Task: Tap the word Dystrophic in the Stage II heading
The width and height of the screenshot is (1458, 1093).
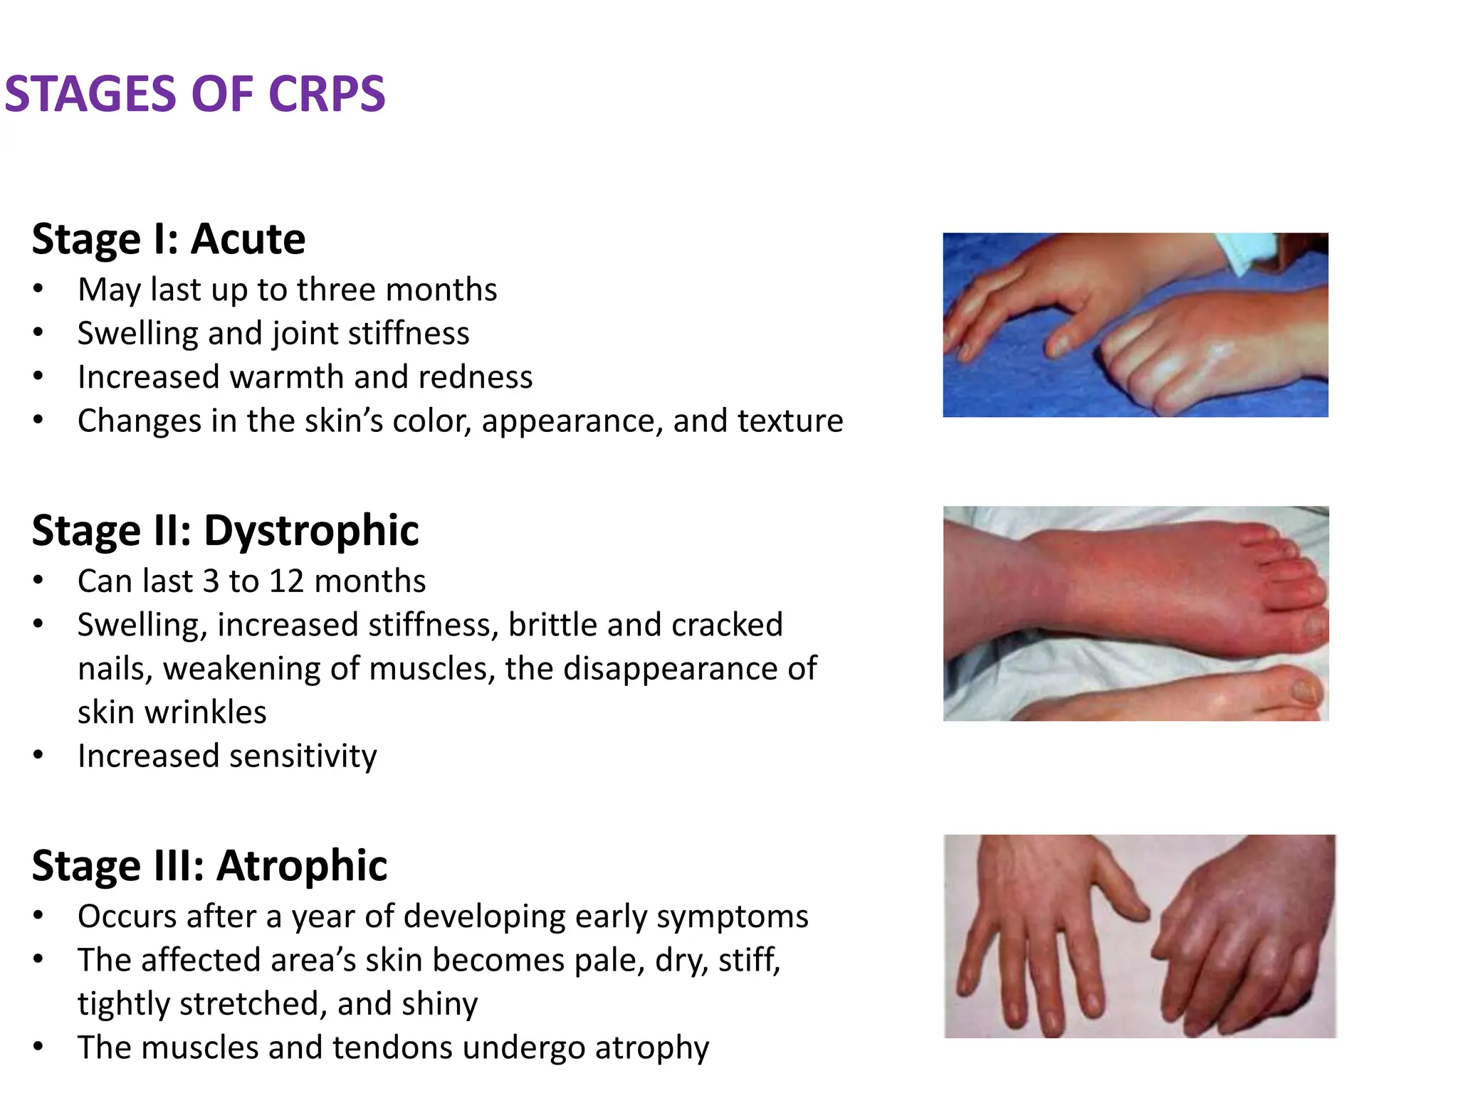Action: [311, 531]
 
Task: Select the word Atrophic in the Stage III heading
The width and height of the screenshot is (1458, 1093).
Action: [302, 866]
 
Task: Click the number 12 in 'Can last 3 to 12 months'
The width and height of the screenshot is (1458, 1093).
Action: [286, 582]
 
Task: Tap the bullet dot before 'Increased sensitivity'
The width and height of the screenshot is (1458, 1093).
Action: [38, 755]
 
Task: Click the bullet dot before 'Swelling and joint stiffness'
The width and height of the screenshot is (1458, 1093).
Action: [38, 332]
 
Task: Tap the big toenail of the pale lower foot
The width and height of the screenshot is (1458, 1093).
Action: [1304, 690]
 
